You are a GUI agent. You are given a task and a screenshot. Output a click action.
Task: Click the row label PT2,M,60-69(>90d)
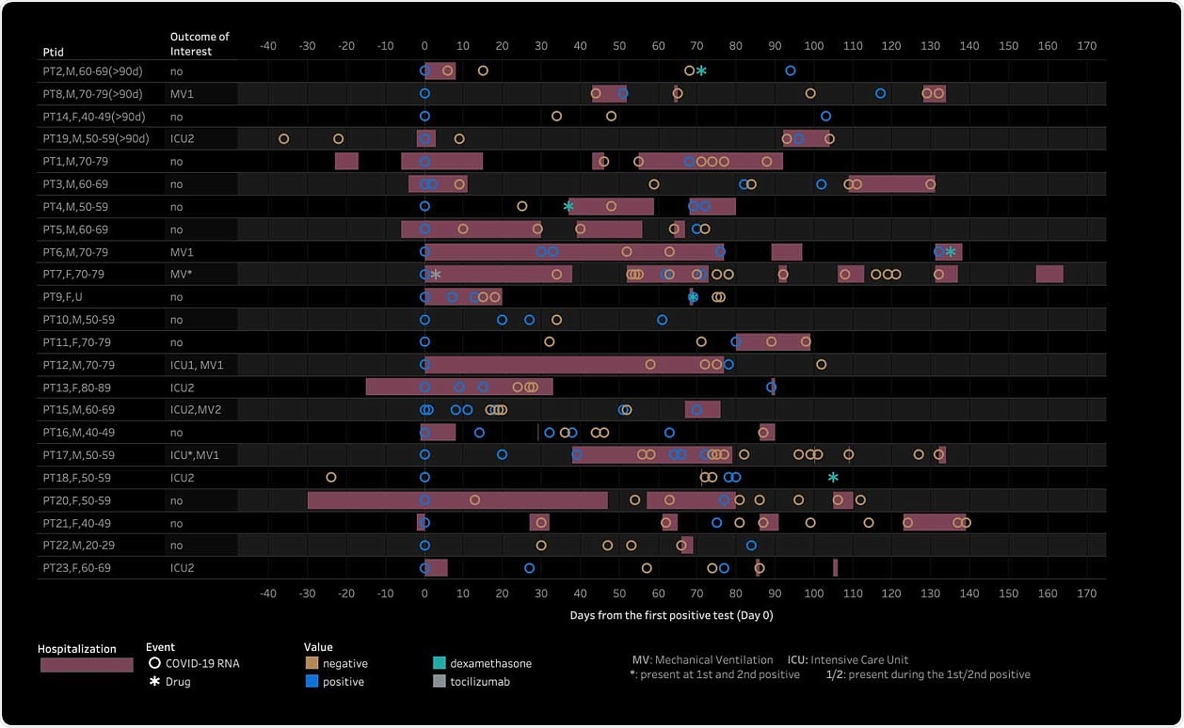[x=92, y=71]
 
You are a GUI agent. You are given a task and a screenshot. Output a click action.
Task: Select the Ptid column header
[x=53, y=51]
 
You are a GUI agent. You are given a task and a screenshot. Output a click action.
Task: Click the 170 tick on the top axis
[x=1086, y=46]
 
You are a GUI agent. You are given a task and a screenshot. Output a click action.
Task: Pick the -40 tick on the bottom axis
[x=268, y=593]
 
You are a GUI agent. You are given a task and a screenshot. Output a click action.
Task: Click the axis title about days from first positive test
[x=671, y=616]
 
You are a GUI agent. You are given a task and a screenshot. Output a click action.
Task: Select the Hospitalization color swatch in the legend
[x=87, y=665]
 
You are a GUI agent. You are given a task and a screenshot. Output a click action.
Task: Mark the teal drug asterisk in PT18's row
[x=833, y=478]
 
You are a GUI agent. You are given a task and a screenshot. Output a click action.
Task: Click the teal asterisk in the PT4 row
[x=568, y=207]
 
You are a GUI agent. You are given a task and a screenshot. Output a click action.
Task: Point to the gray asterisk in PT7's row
[x=435, y=275]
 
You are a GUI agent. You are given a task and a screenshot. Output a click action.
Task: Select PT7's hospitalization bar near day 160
[x=1049, y=275]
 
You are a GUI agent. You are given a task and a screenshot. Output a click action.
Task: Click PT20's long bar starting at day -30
[x=457, y=500]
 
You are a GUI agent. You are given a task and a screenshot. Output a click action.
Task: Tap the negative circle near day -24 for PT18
[x=331, y=478]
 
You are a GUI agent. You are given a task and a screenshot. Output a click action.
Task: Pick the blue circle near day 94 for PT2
[x=790, y=71]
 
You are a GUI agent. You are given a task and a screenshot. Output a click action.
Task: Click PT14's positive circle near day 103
[x=825, y=117]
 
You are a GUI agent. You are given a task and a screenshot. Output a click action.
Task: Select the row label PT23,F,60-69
[x=76, y=568]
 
